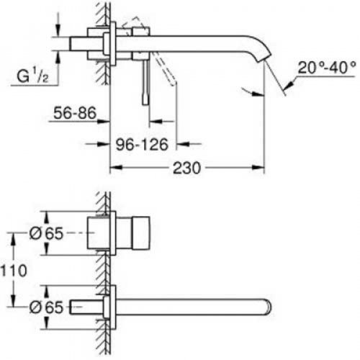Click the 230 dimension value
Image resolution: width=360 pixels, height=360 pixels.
[x=186, y=167]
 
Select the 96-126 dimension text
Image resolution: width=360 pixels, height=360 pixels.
[x=143, y=144]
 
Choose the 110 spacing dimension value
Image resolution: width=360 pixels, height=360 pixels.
[x=17, y=271]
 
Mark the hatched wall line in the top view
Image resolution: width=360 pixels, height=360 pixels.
[x=105, y=72]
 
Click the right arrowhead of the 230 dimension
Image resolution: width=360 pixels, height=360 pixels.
[x=262, y=168]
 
